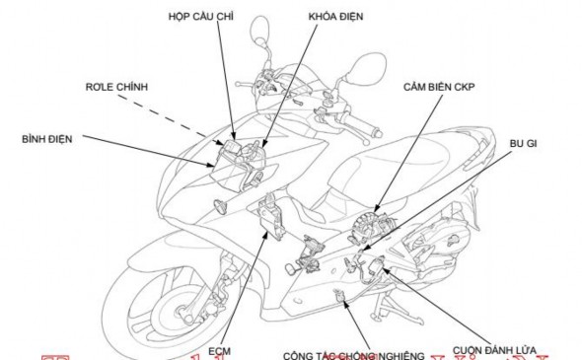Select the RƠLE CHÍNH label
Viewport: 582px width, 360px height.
tap(116, 88)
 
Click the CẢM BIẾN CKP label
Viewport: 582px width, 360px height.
tap(440, 87)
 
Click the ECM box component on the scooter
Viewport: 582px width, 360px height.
tap(270, 219)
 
